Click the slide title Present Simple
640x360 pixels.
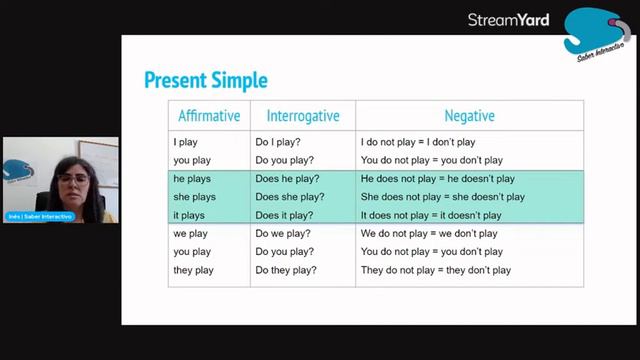pyautogui.click(x=205, y=80)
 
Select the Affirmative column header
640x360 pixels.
pyautogui.click(x=209, y=116)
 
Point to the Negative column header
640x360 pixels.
pyautogui.click(x=469, y=116)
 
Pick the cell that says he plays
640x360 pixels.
pyautogui.click(x=193, y=179)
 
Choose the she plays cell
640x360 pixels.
pyautogui.click(x=195, y=197)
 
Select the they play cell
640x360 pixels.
pyautogui.click(x=193, y=270)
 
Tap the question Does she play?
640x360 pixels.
pyautogui.click(x=290, y=197)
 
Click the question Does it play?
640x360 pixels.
pyautogui.click(x=285, y=215)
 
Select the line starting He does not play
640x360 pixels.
pyautogui.click(x=437, y=179)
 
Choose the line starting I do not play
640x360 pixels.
pyautogui.click(x=418, y=142)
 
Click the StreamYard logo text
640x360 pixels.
pyautogui.click(x=508, y=20)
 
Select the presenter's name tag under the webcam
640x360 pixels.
pyautogui.click(x=41, y=216)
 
